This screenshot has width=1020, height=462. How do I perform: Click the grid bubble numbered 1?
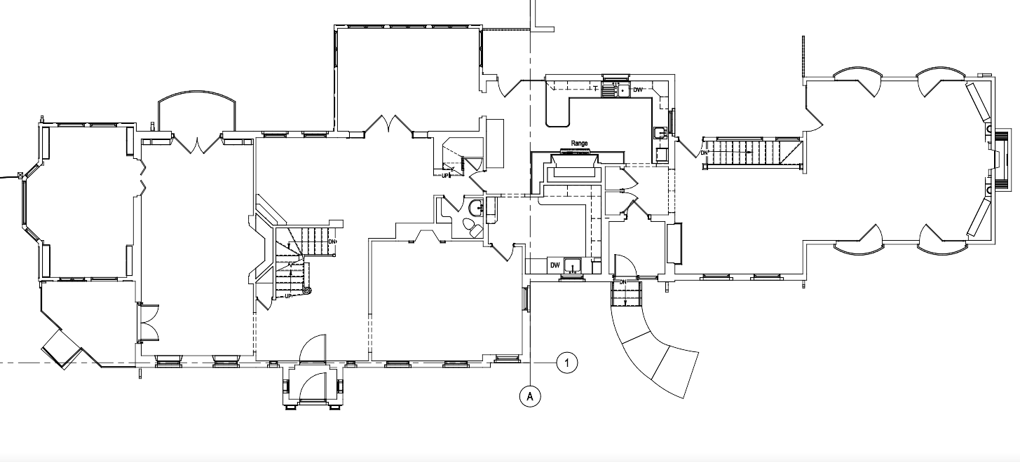[x=567, y=363]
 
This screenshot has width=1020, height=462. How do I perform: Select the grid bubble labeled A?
[x=530, y=396]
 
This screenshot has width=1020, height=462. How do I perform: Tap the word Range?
[x=579, y=143]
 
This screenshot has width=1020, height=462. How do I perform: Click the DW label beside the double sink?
[x=638, y=90]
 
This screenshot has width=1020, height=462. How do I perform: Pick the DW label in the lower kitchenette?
[x=555, y=265]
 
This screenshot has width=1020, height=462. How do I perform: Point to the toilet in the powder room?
[x=471, y=227]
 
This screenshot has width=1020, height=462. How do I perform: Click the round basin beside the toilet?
[x=476, y=207]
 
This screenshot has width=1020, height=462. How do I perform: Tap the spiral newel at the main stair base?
[x=307, y=290]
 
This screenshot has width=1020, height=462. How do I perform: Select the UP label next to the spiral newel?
[x=288, y=297]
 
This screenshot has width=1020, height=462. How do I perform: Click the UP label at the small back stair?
[x=445, y=175]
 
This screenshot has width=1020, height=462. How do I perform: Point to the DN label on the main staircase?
[x=332, y=241]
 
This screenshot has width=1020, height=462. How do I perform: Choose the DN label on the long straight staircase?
[x=704, y=153]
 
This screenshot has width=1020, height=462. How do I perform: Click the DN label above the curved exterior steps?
[x=623, y=282]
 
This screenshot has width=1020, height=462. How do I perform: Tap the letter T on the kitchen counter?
[x=595, y=89]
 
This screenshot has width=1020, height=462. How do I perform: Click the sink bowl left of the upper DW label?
[x=623, y=90]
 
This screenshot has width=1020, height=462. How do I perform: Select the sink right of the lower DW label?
[x=571, y=265]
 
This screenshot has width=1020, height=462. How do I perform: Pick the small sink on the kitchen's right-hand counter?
[x=659, y=132]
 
